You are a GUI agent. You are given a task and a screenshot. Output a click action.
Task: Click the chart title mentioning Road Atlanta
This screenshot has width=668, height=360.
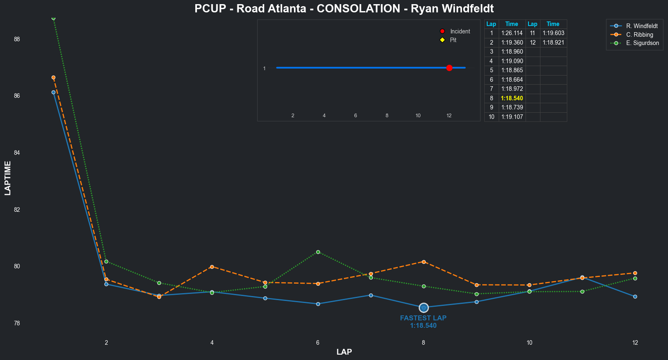point(344,9)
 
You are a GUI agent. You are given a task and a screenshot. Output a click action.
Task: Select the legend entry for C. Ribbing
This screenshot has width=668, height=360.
point(640,35)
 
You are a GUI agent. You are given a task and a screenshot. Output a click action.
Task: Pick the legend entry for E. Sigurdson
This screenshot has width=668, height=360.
point(642,43)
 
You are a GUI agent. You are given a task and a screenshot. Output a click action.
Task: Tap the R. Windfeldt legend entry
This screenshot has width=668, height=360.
point(642,26)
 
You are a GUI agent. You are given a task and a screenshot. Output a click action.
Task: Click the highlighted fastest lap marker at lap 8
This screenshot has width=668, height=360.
point(424,308)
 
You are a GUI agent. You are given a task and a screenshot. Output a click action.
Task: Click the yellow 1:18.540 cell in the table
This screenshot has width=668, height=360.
point(512,98)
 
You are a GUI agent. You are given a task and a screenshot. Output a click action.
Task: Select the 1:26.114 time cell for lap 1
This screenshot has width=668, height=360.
point(512,33)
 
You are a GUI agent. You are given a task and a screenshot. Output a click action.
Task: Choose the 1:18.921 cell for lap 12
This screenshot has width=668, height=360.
point(553,43)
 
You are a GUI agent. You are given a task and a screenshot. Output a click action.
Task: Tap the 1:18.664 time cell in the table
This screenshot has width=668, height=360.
point(512,80)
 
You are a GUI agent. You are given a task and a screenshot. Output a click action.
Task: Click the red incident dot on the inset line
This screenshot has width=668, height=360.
point(449,68)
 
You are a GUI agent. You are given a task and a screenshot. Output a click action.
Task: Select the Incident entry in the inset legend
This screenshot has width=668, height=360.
point(460,31)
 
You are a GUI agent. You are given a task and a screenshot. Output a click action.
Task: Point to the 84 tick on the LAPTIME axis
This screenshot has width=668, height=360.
point(17,153)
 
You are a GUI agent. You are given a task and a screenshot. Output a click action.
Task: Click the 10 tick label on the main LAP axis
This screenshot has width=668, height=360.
point(529,343)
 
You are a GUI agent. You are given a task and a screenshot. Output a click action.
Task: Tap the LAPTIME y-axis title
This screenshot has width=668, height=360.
point(8,178)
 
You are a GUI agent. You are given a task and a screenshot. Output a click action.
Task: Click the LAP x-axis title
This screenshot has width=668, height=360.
point(344,352)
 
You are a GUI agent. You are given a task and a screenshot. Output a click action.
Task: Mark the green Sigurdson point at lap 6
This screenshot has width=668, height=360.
point(318,252)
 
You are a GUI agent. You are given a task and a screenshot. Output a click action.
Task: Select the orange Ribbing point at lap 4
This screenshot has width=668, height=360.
point(212,267)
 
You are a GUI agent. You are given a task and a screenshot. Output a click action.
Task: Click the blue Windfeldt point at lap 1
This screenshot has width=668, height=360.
point(54,92)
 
